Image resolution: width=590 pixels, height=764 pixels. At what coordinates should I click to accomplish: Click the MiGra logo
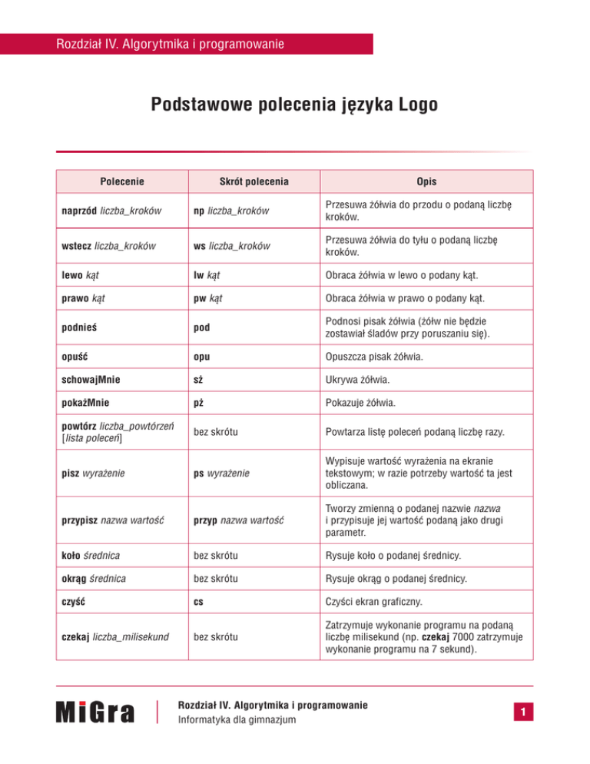click(95, 713)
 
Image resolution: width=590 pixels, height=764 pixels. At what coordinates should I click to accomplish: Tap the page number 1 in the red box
click(521, 714)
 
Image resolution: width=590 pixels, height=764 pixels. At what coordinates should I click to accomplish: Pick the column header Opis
click(427, 182)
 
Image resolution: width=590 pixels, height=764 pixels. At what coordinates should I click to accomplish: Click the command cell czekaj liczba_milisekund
click(115, 636)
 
